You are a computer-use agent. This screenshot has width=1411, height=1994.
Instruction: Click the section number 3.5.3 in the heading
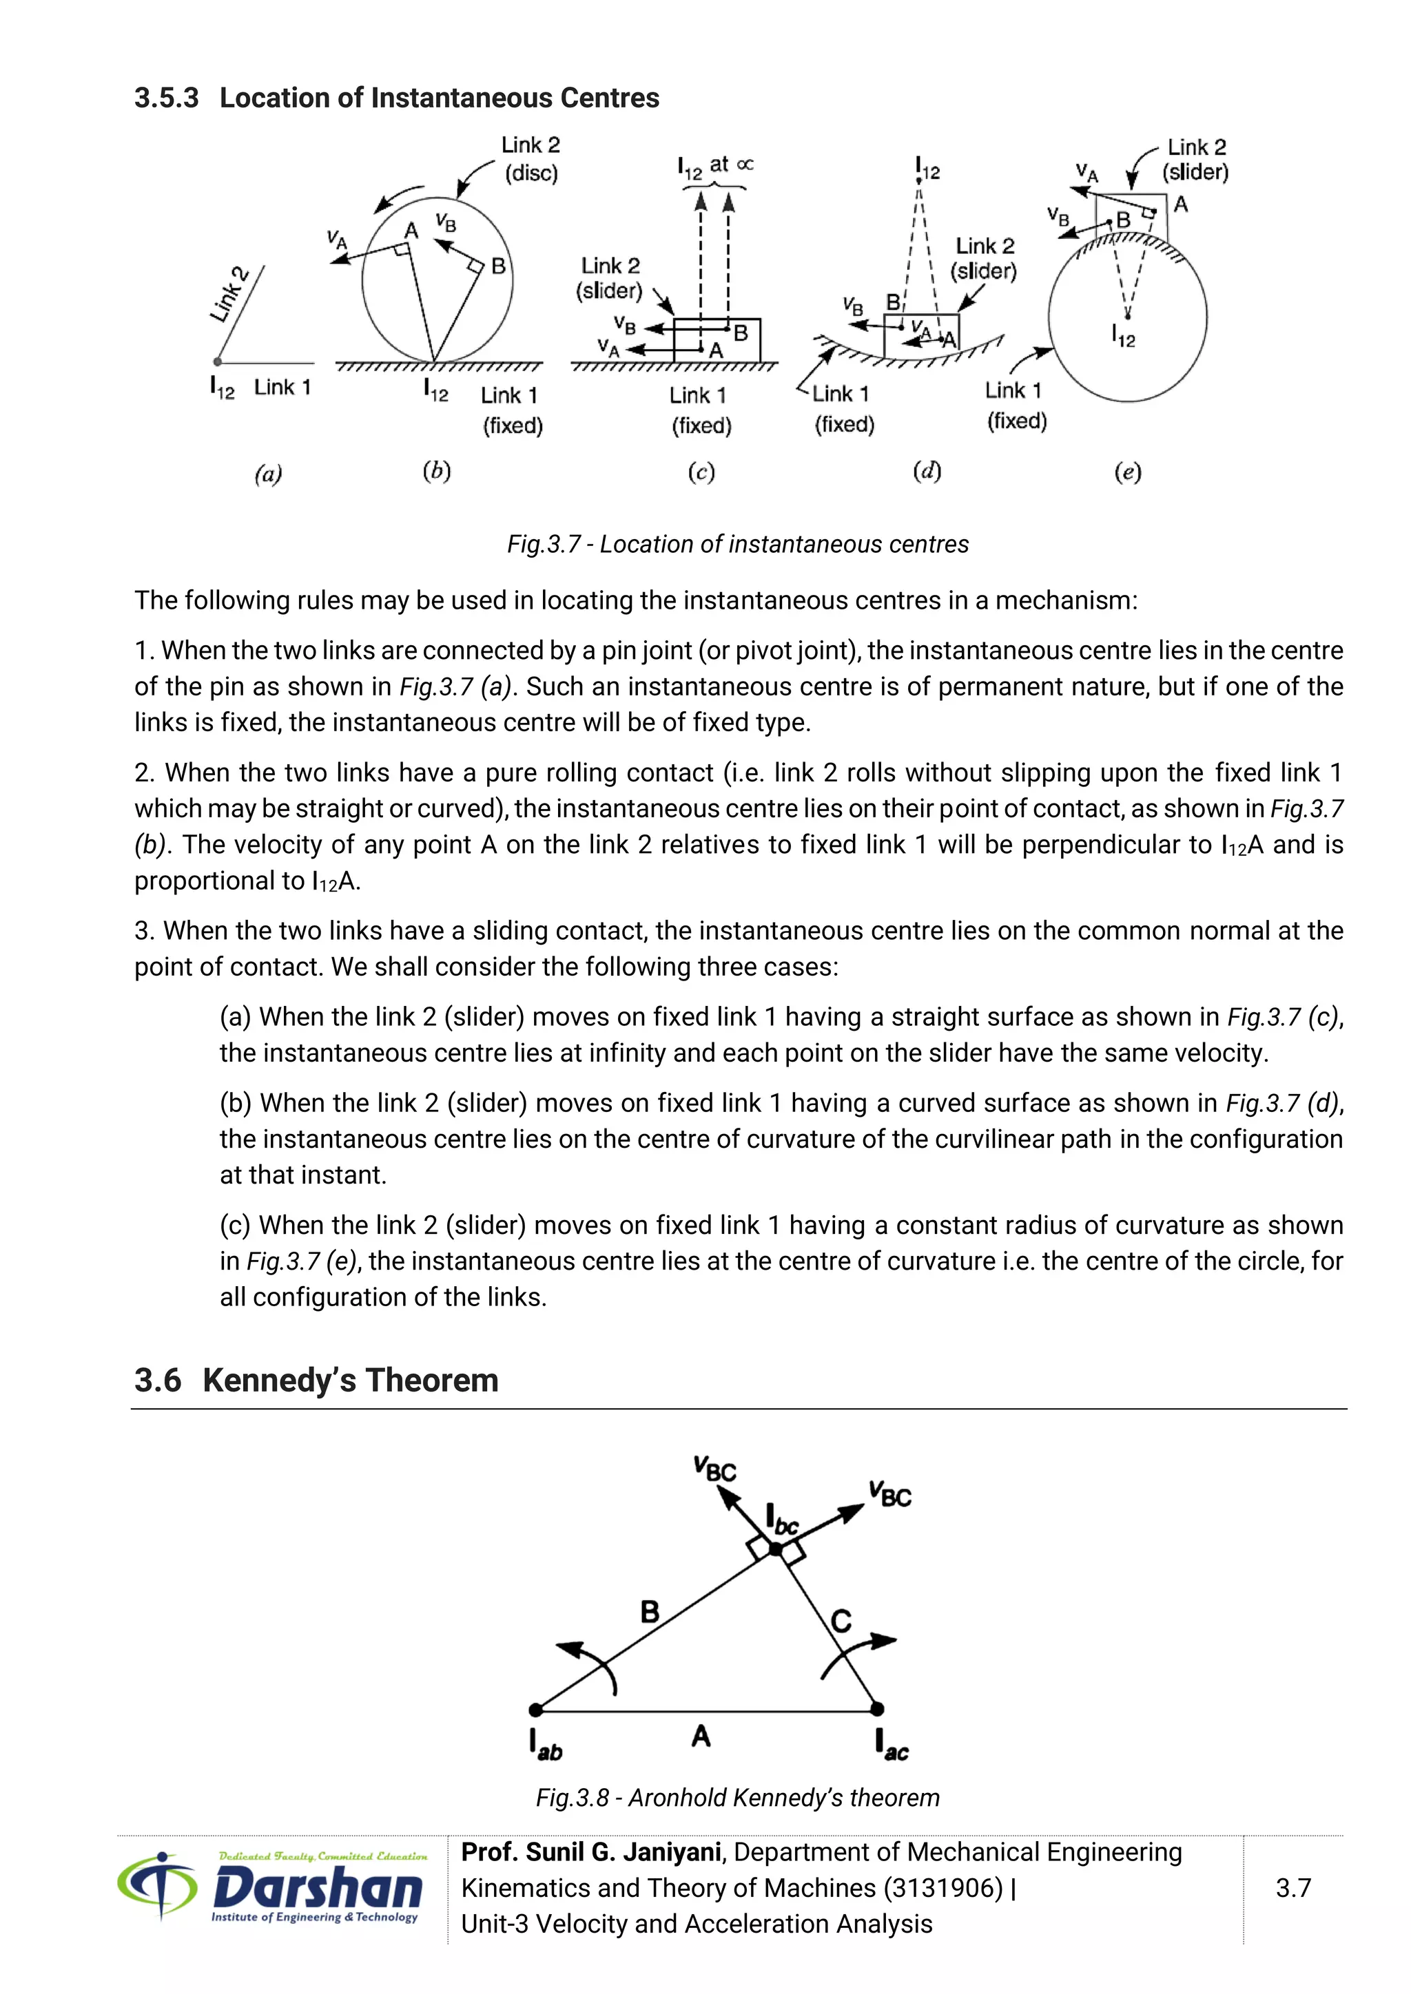pyautogui.click(x=166, y=98)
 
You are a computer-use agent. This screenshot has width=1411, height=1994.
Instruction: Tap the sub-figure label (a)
pyautogui.click(x=267, y=474)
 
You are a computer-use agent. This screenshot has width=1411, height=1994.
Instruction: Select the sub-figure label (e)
pyautogui.click(x=1127, y=472)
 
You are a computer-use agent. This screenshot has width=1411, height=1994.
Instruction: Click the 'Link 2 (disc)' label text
pyautogui.click(x=530, y=159)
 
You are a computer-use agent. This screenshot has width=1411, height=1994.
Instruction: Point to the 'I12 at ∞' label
pyautogui.click(x=715, y=166)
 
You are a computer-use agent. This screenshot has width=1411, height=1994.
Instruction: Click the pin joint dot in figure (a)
pyautogui.click(x=218, y=362)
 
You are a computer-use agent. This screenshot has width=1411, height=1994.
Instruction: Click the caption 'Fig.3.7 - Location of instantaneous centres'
pyautogui.click(x=738, y=545)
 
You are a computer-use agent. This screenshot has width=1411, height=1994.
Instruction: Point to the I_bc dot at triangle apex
pyautogui.click(x=776, y=1549)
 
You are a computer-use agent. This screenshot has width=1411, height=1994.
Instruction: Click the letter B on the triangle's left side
pyautogui.click(x=650, y=1612)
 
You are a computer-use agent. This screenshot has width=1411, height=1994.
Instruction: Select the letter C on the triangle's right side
pyautogui.click(x=841, y=1621)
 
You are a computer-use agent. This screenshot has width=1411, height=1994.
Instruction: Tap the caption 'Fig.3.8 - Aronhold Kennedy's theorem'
pyautogui.click(x=738, y=1798)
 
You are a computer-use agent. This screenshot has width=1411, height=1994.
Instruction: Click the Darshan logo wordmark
pyautogui.click(x=317, y=1889)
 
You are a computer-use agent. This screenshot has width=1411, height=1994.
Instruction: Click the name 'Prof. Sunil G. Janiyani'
pyautogui.click(x=591, y=1852)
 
